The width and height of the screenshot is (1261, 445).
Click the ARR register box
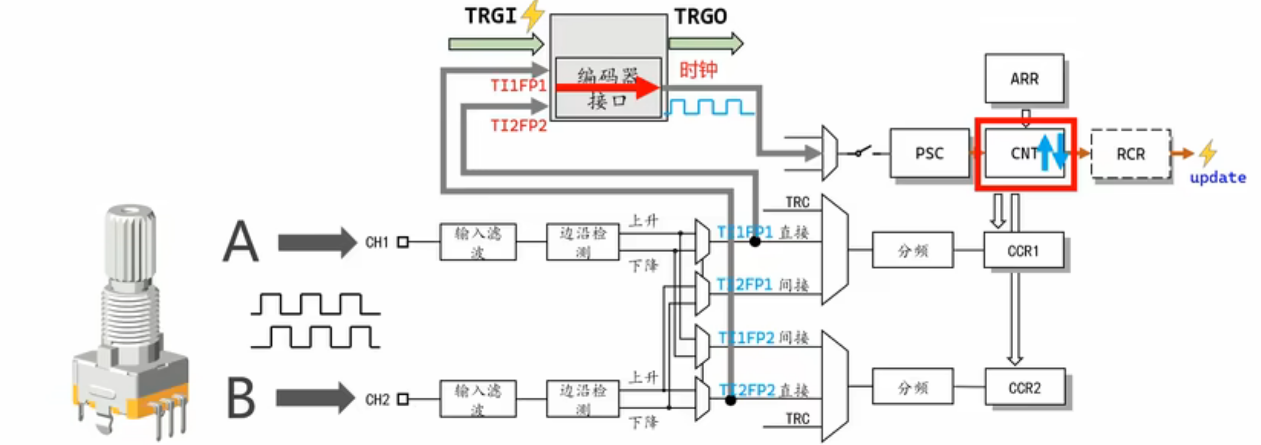point(1024,78)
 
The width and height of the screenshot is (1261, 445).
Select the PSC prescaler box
point(929,153)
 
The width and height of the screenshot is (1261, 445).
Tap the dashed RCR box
point(1130,154)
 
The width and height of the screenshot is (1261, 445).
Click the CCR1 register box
point(1023,250)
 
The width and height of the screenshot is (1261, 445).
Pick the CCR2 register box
point(1024,388)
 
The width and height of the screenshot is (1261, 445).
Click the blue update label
point(1217,177)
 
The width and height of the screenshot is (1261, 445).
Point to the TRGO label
point(700,17)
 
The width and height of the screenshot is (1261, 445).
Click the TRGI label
point(491,16)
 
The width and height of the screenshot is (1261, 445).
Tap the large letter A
point(241,242)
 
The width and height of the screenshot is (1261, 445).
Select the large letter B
point(240,398)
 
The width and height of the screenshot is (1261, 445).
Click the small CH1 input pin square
point(403,242)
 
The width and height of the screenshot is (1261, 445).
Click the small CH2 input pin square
point(403,399)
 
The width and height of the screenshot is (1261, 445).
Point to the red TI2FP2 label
point(518,125)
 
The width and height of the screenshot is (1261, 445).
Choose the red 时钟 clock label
point(698,70)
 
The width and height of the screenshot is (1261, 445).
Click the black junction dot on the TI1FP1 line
point(755,242)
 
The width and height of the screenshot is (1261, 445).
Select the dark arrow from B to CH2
point(315,398)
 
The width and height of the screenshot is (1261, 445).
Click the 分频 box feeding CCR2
point(912,388)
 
